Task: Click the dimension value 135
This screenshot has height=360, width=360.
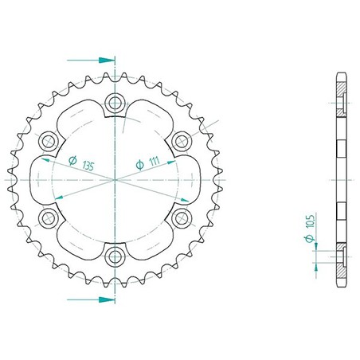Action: click(x=88, y=166)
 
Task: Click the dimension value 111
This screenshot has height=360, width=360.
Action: click(x=154, y=162)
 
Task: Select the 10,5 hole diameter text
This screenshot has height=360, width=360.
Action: click(x=310, y=221)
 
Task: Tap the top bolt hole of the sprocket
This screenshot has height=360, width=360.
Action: click(x=115, y=104)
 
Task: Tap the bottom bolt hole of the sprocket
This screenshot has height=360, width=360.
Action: click(x=115, y=256)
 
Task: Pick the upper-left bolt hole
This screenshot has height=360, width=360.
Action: click(x=49, y=141)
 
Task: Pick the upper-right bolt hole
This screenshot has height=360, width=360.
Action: click(x=182, y=141)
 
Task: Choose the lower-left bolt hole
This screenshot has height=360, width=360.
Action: click(x=49, y=218)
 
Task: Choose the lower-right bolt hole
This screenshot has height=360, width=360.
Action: click(x=182, y=218)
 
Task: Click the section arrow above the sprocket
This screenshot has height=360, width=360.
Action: click(x=91, y=61)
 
